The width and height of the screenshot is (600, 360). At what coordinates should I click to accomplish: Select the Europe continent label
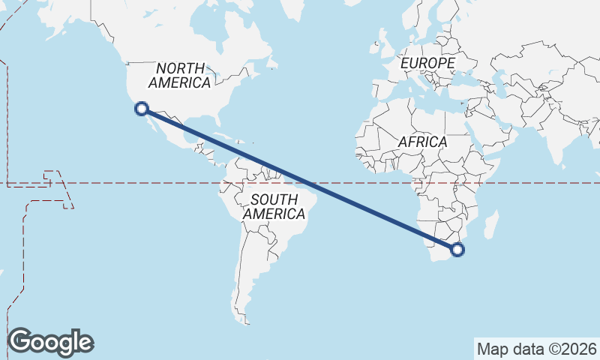tap(427, 64)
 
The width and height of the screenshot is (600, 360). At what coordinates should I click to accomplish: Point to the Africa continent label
tap(422, 142)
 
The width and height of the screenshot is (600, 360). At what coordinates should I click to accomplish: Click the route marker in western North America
tap(141, 109)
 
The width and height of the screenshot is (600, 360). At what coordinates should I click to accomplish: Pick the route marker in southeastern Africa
tap(458, 250)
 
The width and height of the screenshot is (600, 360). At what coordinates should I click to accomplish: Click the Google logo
tap(50, 342)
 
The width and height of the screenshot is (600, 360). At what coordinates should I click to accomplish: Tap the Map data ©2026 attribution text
tap(536, 349)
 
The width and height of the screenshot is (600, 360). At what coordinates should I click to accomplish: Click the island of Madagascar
tap(491, 223)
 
